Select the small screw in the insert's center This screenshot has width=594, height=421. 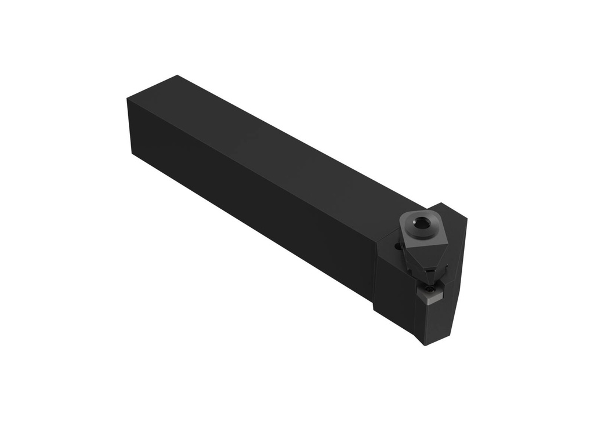(x=429, y=288)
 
